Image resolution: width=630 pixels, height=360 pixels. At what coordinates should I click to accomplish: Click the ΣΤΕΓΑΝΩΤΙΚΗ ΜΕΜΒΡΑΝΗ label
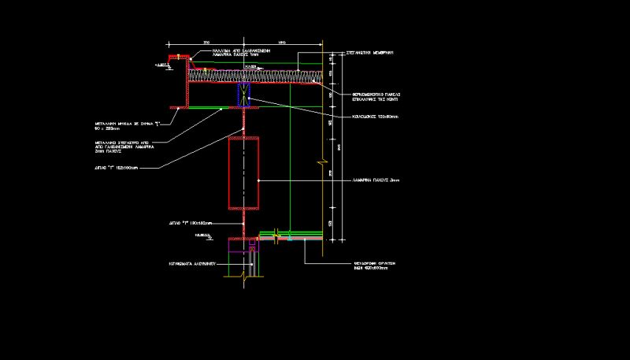(x=370, y=51)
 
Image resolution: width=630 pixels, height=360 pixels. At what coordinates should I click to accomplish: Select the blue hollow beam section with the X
(x=243, y=93)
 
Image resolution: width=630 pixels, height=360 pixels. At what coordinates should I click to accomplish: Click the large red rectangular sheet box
(x=243, y=173)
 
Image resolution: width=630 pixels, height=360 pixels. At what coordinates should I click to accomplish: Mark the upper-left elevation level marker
(x=164, y=67)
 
